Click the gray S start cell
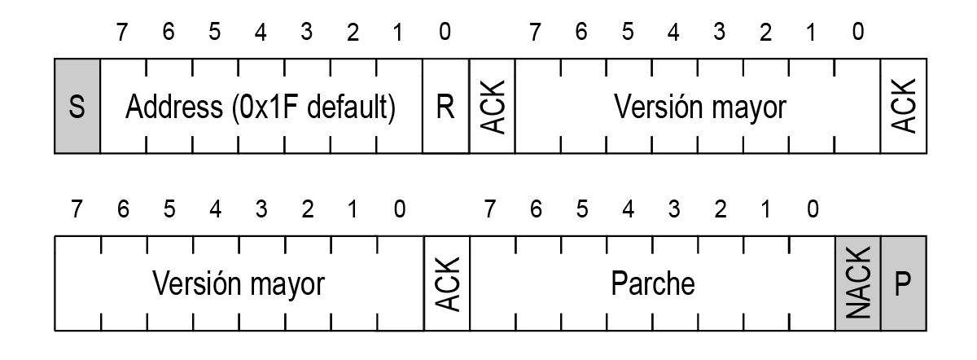77,107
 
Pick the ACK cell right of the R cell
491,107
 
